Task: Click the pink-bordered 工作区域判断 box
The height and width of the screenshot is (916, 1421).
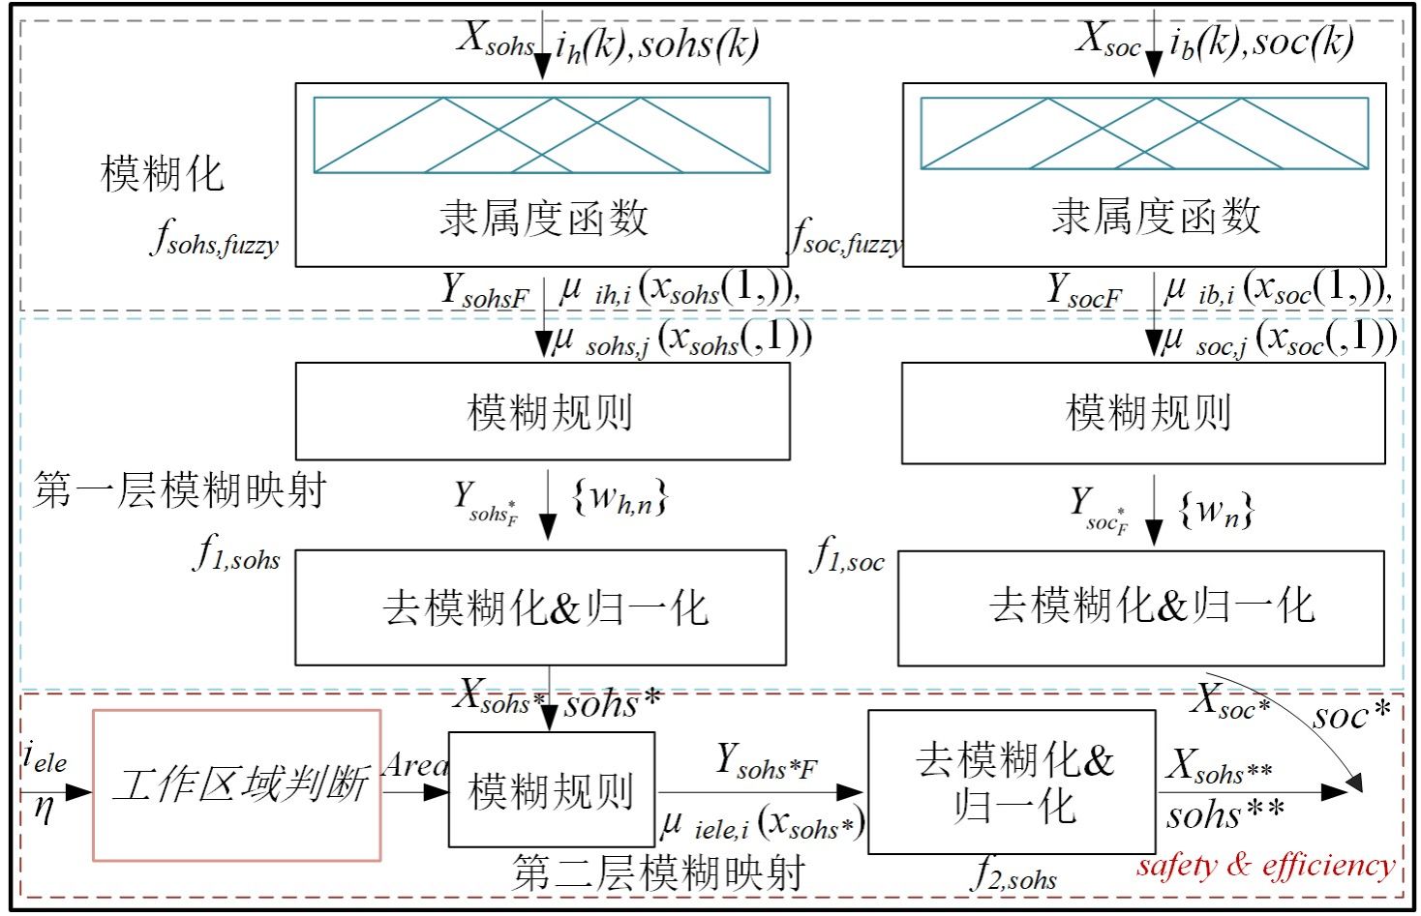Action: (x=237, y=784)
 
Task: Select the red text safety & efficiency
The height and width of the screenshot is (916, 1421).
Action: (x=1266, y=864)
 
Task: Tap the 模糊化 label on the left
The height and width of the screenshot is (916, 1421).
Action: (x=163, y=174)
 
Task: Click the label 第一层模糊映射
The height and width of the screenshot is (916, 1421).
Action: (x=179, y=490)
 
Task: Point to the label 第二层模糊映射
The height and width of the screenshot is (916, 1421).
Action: (x=658, y=872)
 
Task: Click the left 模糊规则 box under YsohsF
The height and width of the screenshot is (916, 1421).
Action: (x=542, y=411)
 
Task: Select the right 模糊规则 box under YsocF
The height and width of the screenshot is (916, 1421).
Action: (x=1144, y=413)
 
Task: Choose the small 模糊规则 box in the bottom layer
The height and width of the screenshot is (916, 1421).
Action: (x=551, y=790)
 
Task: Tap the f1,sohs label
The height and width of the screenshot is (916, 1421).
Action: (x=238, y=554)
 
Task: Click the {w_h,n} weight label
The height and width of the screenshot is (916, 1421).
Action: (x=620, y=498)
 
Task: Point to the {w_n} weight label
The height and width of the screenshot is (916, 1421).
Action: (x=1217, y=509)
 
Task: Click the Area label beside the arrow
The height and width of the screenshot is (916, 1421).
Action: (x=416, y=765)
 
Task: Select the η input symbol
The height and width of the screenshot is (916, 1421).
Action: (x=44, y=808)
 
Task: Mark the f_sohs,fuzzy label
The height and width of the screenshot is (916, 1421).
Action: (x=214, y=238)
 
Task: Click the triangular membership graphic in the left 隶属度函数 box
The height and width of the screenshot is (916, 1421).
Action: (x=541, y=134)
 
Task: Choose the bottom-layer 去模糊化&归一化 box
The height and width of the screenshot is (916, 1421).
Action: (x=1012, y=782)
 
